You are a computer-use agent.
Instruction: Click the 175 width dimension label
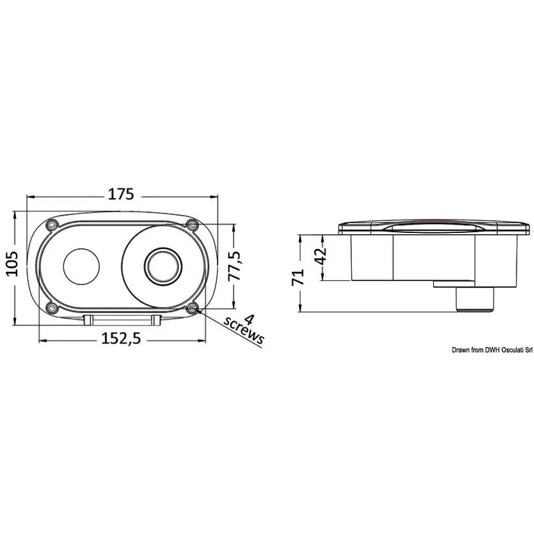pos(121,194)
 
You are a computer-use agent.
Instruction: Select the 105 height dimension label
pos(12,264)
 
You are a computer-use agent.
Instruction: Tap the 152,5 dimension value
pos(121,339)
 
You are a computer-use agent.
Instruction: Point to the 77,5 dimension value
pos(234,266)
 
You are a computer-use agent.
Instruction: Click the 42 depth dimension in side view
pos(320,255)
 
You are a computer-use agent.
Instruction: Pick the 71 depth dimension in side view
pos(298,277)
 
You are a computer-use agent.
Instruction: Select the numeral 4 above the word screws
pos(250,319)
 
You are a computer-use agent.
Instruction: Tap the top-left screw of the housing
pos(51,225)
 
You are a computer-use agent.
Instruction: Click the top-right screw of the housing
pos(193,225)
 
